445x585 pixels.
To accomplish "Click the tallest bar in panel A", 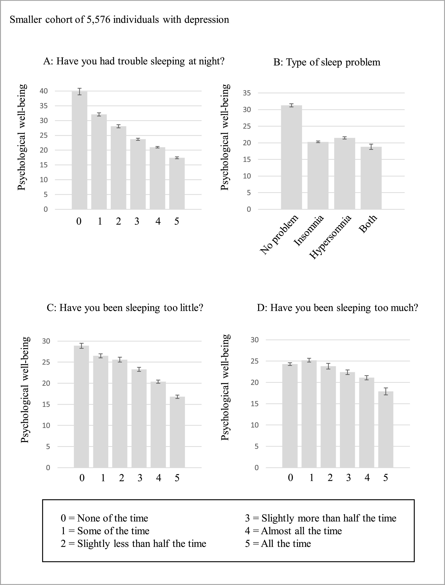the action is [x=79, y=150].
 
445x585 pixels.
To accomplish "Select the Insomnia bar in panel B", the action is [x=318, y=176].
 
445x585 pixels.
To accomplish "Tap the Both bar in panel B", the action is [x=371, y=178].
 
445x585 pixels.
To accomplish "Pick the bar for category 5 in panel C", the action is [x=177, y=432].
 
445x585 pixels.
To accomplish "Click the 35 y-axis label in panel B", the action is [x=247, y=93].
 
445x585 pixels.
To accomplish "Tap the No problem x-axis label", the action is [x=279, y=235].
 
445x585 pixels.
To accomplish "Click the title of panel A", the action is [x=134, y=61].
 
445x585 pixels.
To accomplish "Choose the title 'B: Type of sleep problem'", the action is [x=327, y=62].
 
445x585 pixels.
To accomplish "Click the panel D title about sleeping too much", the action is [x=337, y=308].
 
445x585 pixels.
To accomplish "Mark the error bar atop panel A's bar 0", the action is [x=79, y=91].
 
